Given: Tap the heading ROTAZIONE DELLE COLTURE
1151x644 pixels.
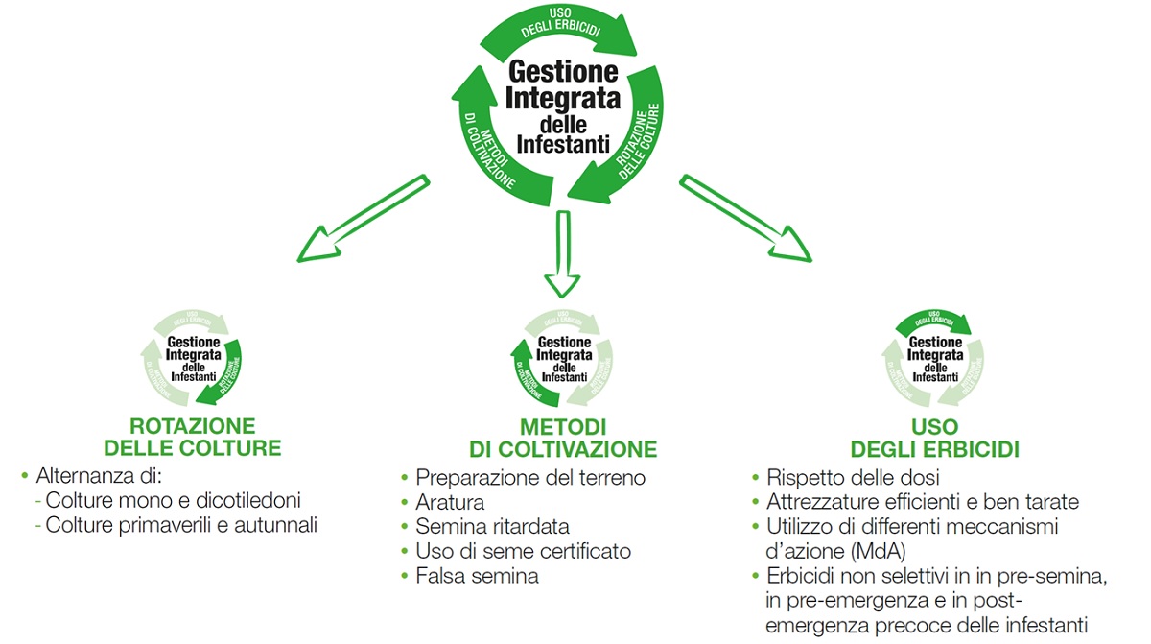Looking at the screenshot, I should coord(193,437).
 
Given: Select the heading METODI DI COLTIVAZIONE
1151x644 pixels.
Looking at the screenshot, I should coord(563,438).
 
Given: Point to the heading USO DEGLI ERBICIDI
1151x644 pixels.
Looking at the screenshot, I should coord(935,438).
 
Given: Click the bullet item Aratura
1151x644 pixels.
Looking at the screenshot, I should coord(450,502).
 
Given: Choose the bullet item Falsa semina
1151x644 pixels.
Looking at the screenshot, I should coord(477,576).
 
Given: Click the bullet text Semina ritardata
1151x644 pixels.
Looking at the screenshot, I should coord(492,526).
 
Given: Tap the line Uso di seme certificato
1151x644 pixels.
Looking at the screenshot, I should coord(523,551).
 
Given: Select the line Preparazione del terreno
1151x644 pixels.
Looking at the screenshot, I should coord(530,477).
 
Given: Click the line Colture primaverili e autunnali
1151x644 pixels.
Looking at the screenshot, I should coord(181,525).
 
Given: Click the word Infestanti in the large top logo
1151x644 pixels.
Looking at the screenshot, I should coord(562,145).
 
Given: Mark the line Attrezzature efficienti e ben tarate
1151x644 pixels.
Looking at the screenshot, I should coord(923,502).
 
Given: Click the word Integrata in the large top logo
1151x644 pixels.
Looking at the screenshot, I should coord(563,98).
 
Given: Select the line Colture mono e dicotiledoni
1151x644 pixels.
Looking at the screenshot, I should coord(174,500).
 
